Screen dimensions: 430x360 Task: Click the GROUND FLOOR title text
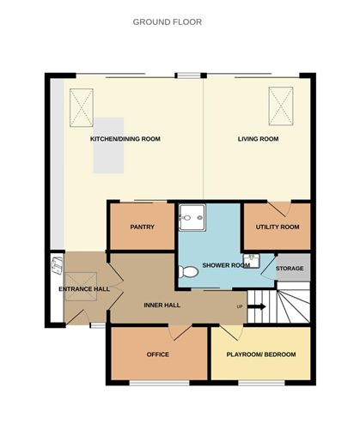tap(168, 21)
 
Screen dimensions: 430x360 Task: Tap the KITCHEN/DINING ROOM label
tap(125, 139)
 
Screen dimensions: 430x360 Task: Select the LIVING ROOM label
tap(259, 139)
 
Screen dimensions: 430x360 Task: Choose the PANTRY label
tap(141, 227)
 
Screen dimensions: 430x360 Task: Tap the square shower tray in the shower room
tap(193, 218)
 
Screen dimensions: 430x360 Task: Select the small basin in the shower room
tap(252, 258)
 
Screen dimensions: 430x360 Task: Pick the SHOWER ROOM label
tap(226, 265)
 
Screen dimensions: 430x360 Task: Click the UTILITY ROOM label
tap(278, 227)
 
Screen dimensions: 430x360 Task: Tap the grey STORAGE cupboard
tap(290, 268)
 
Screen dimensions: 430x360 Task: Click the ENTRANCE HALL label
tap(84, 289)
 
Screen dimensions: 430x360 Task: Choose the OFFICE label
tap(157, 354)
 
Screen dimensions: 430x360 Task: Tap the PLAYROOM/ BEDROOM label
tap(260, 354)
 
